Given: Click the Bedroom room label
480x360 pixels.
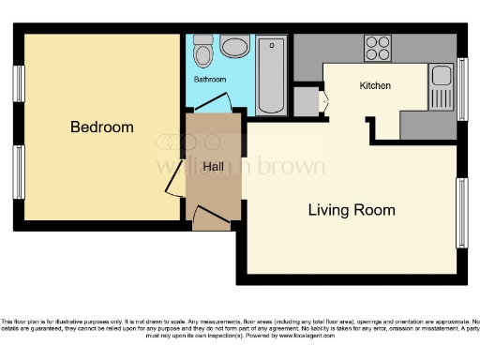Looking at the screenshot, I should [102, 127].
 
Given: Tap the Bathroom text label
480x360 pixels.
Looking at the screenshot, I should [210, 80].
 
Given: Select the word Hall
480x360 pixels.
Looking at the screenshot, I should [213, 166].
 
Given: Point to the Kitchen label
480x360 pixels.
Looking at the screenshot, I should [375, 86].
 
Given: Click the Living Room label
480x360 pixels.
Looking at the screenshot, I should [352, 210].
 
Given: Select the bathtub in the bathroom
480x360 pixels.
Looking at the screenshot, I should [271, 74].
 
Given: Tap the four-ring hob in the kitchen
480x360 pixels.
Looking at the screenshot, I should [378, 47].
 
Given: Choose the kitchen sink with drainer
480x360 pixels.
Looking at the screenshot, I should [440, 86].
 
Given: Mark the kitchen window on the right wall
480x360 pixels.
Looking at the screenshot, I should [461, 89].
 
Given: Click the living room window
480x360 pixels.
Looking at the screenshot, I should [461, 213].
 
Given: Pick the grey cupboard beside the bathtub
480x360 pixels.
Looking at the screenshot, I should [306, 100].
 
